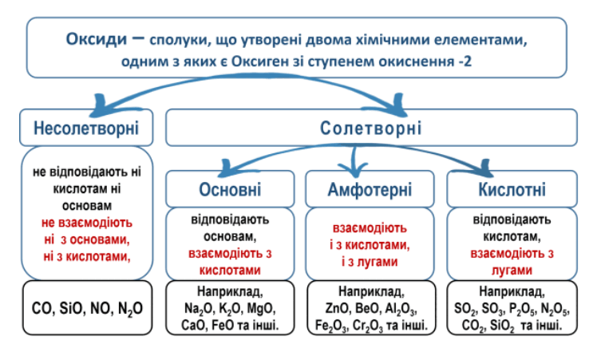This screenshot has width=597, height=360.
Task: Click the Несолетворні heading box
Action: [x=86, y=128]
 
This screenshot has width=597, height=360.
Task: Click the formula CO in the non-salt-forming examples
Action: [x=42, y=307]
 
